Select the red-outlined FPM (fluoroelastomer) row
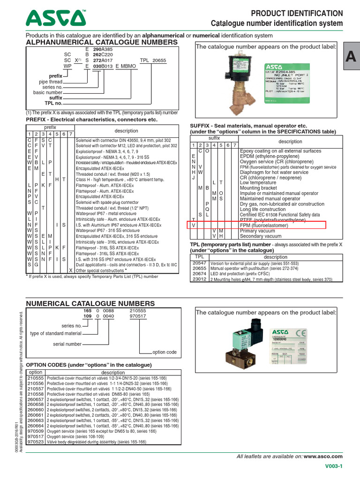pos(258,225)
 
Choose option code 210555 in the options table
pos(36,378)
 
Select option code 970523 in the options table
pos(36,442)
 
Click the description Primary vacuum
pos(255,231)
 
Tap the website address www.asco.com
pos(323,456)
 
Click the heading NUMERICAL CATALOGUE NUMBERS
pos(90,304)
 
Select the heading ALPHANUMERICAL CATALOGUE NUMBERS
pos(102,42)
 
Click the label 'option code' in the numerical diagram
pos(165,352)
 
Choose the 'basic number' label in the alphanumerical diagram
pos(48,92)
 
